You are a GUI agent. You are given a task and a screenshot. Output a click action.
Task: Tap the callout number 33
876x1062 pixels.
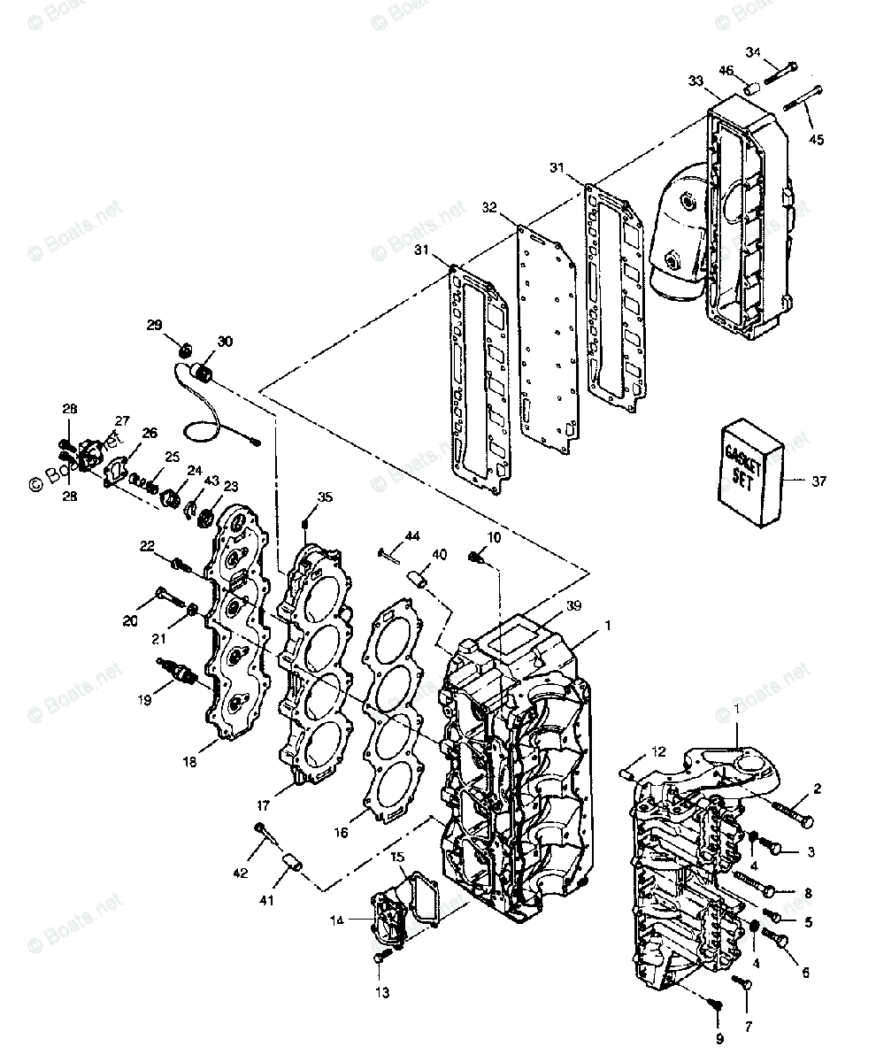695,81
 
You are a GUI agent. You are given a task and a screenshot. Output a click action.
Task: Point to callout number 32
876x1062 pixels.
489,207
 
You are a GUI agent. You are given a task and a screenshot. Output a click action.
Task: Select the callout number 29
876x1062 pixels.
154,326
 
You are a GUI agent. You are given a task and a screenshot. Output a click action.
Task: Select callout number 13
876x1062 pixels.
381,993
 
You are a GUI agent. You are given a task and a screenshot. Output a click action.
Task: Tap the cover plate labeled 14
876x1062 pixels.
380,920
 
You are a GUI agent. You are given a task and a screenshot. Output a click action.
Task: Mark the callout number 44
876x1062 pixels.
412,536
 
